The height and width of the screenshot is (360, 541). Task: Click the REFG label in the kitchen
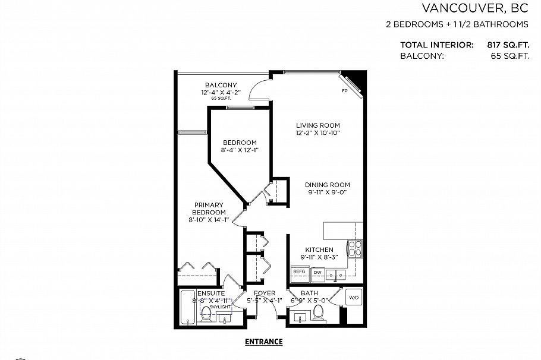coord(298,271)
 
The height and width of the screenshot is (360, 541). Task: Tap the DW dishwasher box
coord(318,271)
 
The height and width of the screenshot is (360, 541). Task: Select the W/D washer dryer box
coord(353,298)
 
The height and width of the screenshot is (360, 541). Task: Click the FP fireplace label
coord(344,91)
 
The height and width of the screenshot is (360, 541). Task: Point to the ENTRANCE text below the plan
coord(263,342)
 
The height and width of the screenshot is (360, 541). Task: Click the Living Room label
coord(318,125)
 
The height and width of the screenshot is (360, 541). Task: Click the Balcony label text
coord(221,85)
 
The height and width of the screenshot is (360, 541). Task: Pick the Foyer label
coord(265,293)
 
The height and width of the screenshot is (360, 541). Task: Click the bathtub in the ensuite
coord(187,307)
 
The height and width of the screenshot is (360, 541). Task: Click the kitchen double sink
coord(338,274)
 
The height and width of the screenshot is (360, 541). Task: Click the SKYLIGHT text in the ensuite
coord(212,307)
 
